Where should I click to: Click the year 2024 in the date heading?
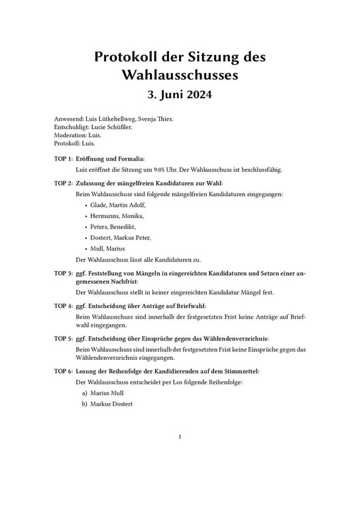(x=197, y=97)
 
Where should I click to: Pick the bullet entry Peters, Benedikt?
(x=113, y=227)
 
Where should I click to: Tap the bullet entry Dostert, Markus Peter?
(x=120, y=237)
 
